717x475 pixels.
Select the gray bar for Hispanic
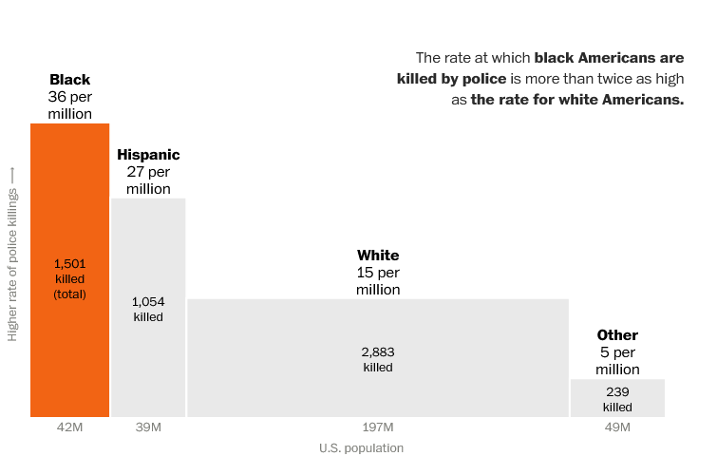148,361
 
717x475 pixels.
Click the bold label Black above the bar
70,80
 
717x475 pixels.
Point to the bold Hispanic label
148,155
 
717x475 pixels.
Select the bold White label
378,256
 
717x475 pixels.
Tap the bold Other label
617,335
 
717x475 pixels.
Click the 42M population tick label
70,427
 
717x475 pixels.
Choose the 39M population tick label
148,427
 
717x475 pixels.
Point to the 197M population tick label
378,427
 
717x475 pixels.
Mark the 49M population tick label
617,427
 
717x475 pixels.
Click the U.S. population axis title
361,448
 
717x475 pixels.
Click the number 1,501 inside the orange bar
70,263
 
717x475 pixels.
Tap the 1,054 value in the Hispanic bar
148,302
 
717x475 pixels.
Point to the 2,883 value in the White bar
378,351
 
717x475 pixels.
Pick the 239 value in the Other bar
617,391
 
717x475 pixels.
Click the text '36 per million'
70,105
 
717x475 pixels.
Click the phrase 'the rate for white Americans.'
576,100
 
